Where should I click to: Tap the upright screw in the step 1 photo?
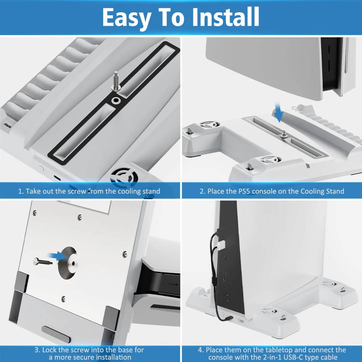[x=115, y=81]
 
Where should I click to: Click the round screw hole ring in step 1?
[x=116, y=101]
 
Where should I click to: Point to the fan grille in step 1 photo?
[x=124, y=176]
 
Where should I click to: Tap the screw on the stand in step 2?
[x=284, y=134]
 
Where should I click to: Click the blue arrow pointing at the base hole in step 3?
[x=57, y=256]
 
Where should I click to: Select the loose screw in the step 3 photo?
[x=42, y=262]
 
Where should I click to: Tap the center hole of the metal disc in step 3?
[x=73, y=264]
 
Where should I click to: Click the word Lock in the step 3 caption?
[x=50, y=350]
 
